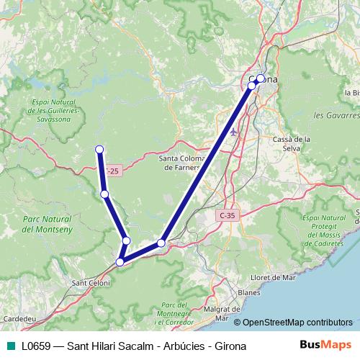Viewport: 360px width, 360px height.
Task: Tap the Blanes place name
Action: pyautogui.click(x=248, y=293)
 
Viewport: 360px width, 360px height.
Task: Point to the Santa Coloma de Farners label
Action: pyautogui.click(x=183, y=163)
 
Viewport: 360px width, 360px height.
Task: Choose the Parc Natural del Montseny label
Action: pyautogui.click(x=46, y=223)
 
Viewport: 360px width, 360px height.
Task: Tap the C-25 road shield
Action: pyautogui.click(x=112, y=171)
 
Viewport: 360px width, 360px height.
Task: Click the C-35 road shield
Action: pyautogui.click(x=228, y=215)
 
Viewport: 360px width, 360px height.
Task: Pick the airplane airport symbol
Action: pyautogui.click(x=233, y=132)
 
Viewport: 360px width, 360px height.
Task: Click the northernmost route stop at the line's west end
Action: pyautogui.click(x=99, y=149)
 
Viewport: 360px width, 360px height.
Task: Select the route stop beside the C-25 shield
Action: pyautogui.click(x=105, y=194)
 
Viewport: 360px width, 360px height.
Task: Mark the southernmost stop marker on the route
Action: pyautogui.click(x=120, y=261)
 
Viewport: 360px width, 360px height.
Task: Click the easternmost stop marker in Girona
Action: pyautogui.click(x=261, y=78)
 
